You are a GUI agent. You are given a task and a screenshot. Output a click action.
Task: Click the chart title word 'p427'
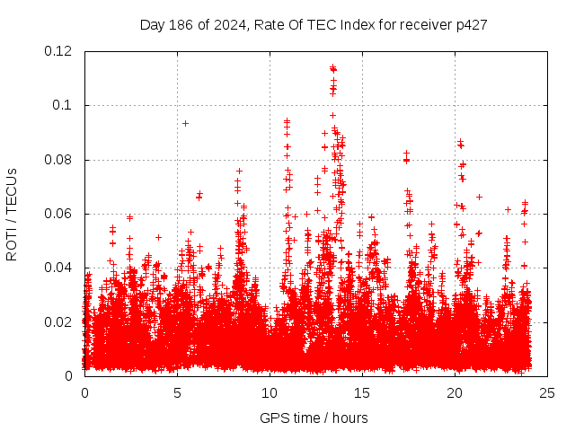pos(471,25)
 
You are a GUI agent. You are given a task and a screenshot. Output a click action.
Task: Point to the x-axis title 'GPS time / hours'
pos(314,418)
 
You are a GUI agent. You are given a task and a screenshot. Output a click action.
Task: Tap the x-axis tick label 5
pos(177,392)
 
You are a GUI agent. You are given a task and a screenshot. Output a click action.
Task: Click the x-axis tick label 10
pos(270,392)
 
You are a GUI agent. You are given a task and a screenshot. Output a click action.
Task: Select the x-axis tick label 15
pos(362,392)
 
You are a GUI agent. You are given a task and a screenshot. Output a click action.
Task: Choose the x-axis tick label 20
pos(455,392)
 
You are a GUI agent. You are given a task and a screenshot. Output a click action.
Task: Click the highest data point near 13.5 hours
pos(333,67)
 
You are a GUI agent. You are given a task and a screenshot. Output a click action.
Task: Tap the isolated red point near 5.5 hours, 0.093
pos(185,123)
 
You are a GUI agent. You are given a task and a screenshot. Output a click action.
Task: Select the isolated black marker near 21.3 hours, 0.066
pos(479,197)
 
